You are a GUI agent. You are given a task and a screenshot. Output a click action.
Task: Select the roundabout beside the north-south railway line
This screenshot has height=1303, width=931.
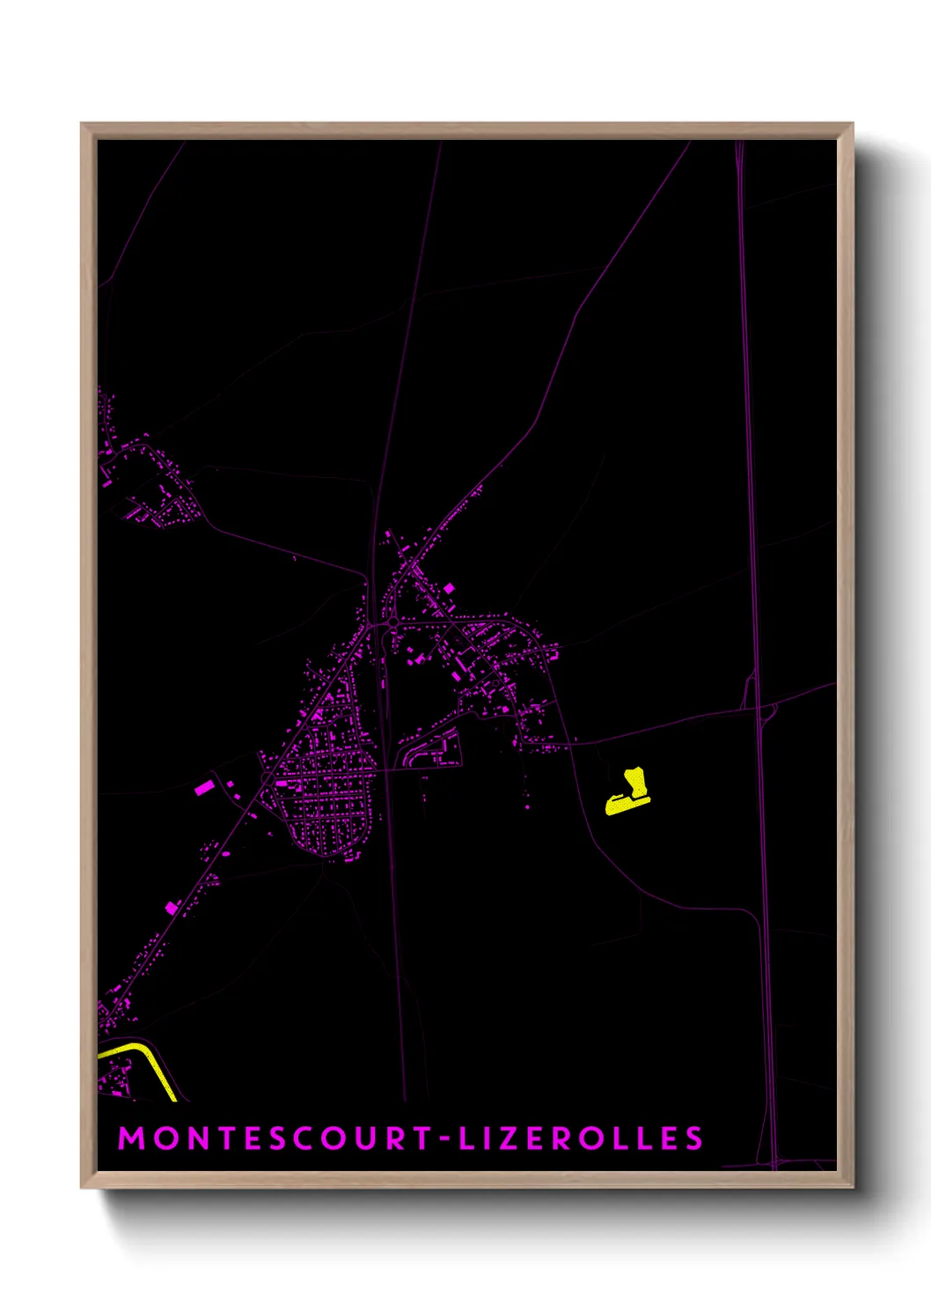(x=389, y=624)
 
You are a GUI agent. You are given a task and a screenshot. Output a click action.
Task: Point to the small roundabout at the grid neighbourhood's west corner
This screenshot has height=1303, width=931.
(x=265, y=775)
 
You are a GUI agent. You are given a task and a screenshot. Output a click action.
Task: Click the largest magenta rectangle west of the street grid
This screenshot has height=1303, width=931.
(x=203, y=787)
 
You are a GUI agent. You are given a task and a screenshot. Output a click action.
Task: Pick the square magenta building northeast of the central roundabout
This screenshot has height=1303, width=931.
(x=449, y=587)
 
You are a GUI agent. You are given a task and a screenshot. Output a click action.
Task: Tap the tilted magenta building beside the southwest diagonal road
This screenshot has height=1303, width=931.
(x=171, y=908)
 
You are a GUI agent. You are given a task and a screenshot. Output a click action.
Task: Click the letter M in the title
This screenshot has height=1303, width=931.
(x=132, y=1137)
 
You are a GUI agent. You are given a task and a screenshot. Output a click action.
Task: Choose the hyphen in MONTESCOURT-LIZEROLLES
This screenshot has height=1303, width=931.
(x=446, y=1138)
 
